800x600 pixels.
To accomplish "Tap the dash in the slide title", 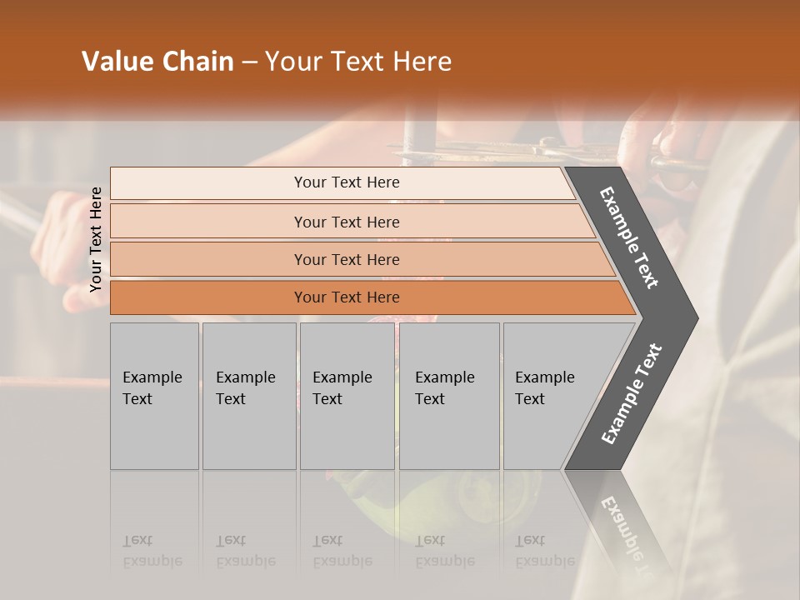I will coord(249,62).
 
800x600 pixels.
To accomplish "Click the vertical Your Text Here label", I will coord(96,239).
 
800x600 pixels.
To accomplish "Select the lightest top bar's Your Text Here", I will coord(347,182).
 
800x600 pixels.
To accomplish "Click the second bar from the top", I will coord(347,222).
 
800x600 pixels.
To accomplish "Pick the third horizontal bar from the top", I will coord(347,260).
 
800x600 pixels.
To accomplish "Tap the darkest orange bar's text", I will coord(347,297).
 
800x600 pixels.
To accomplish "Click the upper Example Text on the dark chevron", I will coord(629,237).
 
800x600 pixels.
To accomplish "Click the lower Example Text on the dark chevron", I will coord(632,394).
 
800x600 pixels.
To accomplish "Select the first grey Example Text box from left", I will coord(154,396).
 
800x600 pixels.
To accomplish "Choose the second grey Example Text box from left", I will coord(248,396).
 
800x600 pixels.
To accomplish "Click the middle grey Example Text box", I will coord(346,396).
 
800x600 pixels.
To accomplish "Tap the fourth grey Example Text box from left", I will coord(448,396).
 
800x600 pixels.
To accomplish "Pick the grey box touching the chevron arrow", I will coord(546,396).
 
